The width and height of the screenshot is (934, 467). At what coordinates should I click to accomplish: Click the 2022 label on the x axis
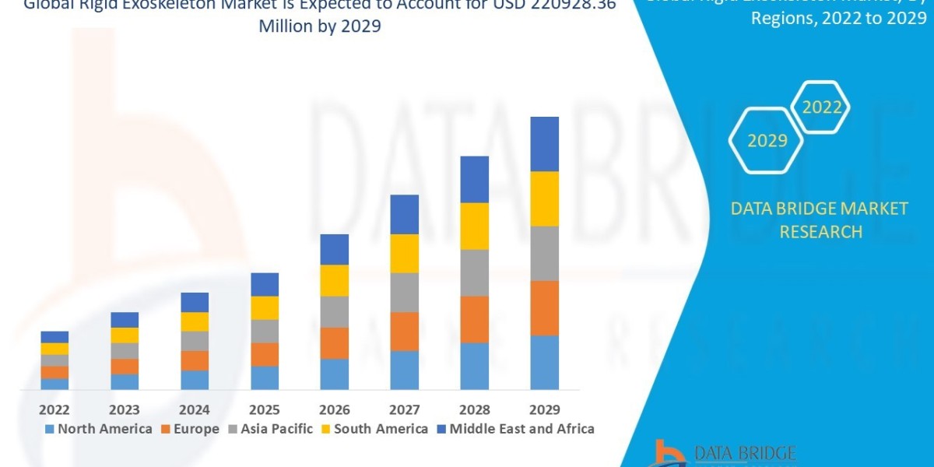tap(54, 409)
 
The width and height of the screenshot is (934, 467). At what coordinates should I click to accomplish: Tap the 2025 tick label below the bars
tap(265, 409)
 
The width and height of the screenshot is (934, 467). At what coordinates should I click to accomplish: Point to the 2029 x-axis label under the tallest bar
tap(544, 409)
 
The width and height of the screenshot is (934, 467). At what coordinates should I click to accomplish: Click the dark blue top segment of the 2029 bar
tap(544, 144)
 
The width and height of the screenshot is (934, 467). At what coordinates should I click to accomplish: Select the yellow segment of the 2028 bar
tap(474, 226)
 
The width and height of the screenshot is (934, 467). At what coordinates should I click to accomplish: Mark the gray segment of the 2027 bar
tap(404, 292)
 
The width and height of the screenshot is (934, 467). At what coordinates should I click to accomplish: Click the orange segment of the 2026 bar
tap(334, 342)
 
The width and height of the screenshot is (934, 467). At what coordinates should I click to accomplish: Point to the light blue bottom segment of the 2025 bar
tap(265, 377)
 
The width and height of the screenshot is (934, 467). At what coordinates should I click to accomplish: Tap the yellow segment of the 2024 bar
tap(195, 321)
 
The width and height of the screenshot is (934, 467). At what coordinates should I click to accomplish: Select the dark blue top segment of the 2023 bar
tap(125, 320)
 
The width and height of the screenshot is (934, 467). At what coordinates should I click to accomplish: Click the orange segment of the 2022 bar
tap(54, 372)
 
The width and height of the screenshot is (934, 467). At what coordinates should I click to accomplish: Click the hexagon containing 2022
tap(822, 108)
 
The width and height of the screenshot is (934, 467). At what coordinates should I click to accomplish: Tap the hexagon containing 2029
tap(767, 141)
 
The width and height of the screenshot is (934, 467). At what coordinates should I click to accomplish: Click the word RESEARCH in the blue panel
tap(820, 232)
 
